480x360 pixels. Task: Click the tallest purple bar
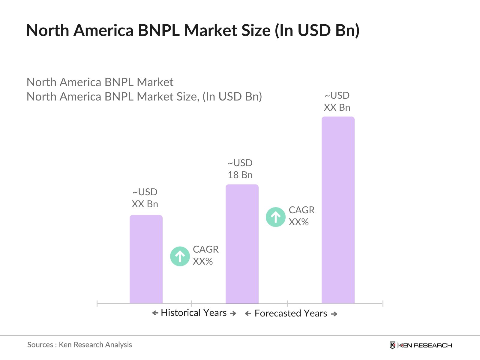338,210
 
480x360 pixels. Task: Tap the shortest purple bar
146,259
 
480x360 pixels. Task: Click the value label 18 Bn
240,175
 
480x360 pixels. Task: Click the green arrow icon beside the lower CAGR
180,256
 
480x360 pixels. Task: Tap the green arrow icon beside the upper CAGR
275,217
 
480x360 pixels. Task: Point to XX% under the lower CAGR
202,261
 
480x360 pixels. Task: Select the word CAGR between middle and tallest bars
301,210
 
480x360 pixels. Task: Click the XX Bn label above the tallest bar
337,107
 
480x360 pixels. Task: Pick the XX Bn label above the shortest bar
145,204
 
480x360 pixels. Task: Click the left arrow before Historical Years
155,313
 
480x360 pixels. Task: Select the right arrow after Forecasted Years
334,314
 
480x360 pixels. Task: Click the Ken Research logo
421,345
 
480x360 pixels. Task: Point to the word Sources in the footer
40,345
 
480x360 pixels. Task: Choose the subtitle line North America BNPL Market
100,82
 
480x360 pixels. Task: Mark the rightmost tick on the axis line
383,304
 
